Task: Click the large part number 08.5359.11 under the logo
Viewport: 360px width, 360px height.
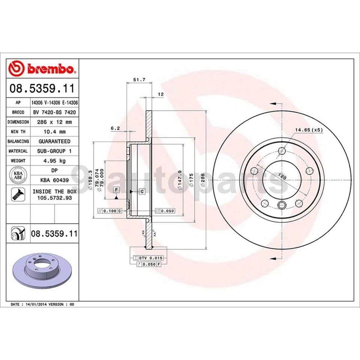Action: coord(42,89)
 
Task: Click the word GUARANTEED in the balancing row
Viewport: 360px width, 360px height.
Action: coord(54,141)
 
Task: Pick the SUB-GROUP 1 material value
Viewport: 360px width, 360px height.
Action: coord(54,151)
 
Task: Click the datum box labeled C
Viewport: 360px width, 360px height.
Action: coord(142,192)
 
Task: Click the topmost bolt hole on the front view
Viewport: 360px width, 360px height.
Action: coord(282,151)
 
